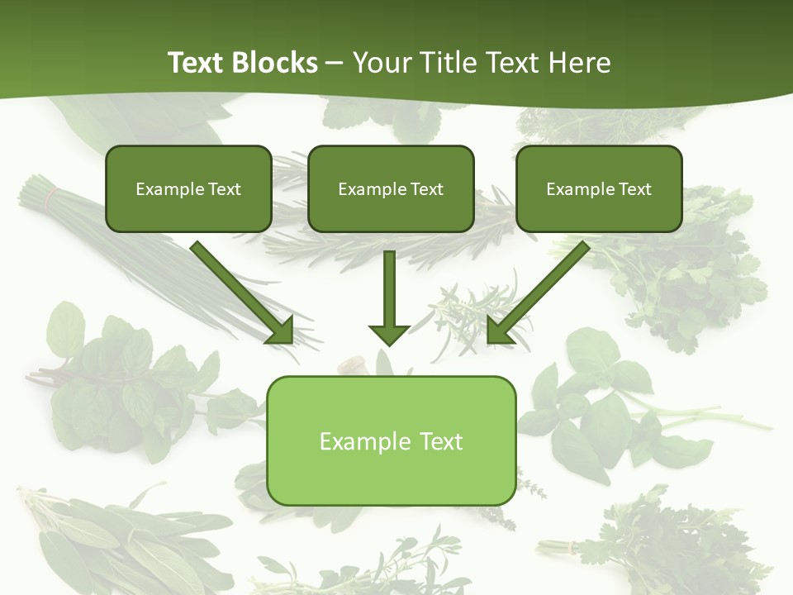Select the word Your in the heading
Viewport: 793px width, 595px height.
click(x=381, y=62)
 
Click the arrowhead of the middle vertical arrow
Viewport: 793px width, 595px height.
click(x=389, y=334)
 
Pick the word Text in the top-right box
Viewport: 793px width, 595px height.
click(x=634, y=189)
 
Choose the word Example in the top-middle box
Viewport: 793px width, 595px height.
click(x=368, y=189)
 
